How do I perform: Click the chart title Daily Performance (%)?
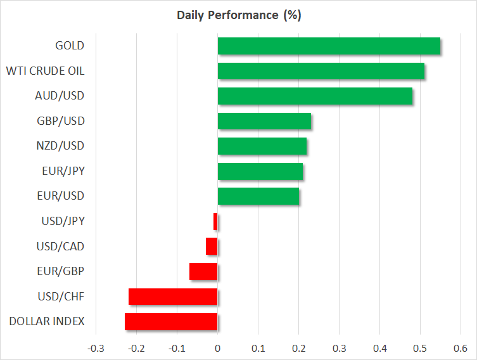pyautogui.click(x=238, y=15)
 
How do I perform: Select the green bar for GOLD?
pyautogui.click(x=329, y=46)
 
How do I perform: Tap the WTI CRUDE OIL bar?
pyautogui.click(x=321, y=71)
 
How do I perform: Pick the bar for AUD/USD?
pyautogui.click(x=315, y=96)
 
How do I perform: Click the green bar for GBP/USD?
pyautogui.click(x=264, y=121)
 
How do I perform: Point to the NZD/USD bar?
pyautogui.click(x=262, y=146)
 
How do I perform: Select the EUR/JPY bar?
pyautogui.click(x=260, y=171)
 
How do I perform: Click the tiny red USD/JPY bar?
pyautogui.click(x=215, y=221)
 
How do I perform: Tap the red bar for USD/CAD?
pyautogui.click(x=212, y=247)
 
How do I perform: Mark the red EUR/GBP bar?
pyautogui.click(x=203, y=271)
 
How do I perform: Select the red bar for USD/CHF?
pyautogui.click(x=173, y=297)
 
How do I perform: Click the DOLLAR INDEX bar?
pyautogui.click(x=171, y=321)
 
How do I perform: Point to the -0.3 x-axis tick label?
pyautogui.click(x=96, y=347)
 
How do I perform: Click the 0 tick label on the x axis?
pyautogui.click(x=217, y=347)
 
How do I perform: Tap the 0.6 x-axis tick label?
pyautogui.click(x=460, y=347)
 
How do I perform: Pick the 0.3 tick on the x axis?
pyautogui.click(x=339, y=347)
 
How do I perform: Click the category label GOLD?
pyautogui.click(x=70, y=46)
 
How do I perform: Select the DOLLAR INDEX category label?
pyautogui.click(x=47, y=321)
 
